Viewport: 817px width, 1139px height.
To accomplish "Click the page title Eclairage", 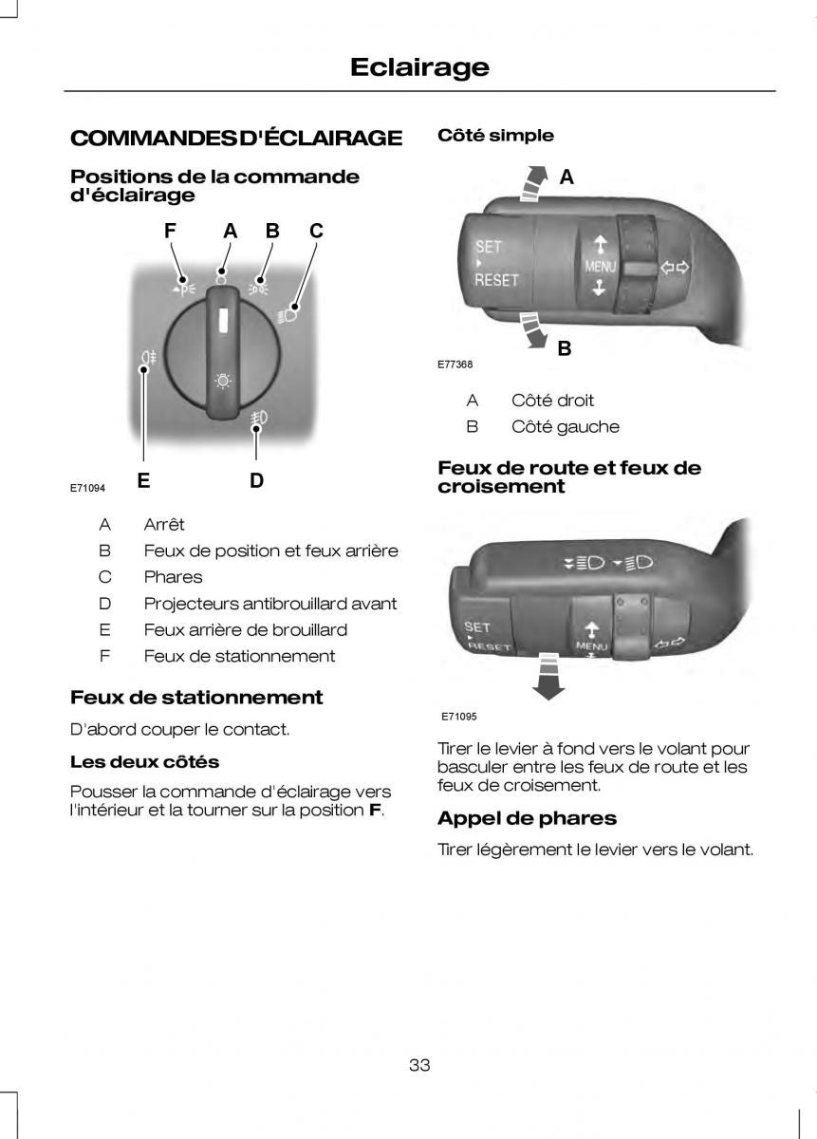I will tap(418, 66).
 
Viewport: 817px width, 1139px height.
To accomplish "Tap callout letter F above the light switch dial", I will tap(170, 231).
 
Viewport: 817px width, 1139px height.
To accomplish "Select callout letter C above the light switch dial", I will tap(316, 231).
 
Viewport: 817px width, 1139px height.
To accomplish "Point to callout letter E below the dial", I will tap(143, 480).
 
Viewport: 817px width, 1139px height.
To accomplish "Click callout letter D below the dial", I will tap(256, 480).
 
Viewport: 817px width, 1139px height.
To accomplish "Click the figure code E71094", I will tap(87, 487).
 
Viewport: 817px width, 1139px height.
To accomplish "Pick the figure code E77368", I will tap(455, 364).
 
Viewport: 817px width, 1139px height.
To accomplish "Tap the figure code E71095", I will tap(458, 717).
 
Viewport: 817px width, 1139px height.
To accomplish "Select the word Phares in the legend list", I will tap(173, 576).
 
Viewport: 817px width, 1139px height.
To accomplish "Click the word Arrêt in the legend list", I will tap(164, 524).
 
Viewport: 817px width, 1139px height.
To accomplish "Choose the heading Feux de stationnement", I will tap(196, 697).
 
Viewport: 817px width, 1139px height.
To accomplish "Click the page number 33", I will tap(419, 1065).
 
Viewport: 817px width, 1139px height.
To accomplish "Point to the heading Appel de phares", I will tap(527, 817).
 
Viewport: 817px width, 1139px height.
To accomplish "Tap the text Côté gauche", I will tap(565, 426).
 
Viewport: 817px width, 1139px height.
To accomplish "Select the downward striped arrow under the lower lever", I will tap(548, 676).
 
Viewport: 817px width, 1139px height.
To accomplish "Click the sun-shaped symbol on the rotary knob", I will tap(223, 381).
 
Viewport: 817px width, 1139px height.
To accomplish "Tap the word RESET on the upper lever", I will tap(497, 280).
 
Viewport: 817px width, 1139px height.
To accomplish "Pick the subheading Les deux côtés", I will tap(144, 761).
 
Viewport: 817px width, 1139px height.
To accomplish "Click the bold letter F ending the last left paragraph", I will tap(374, 811).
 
